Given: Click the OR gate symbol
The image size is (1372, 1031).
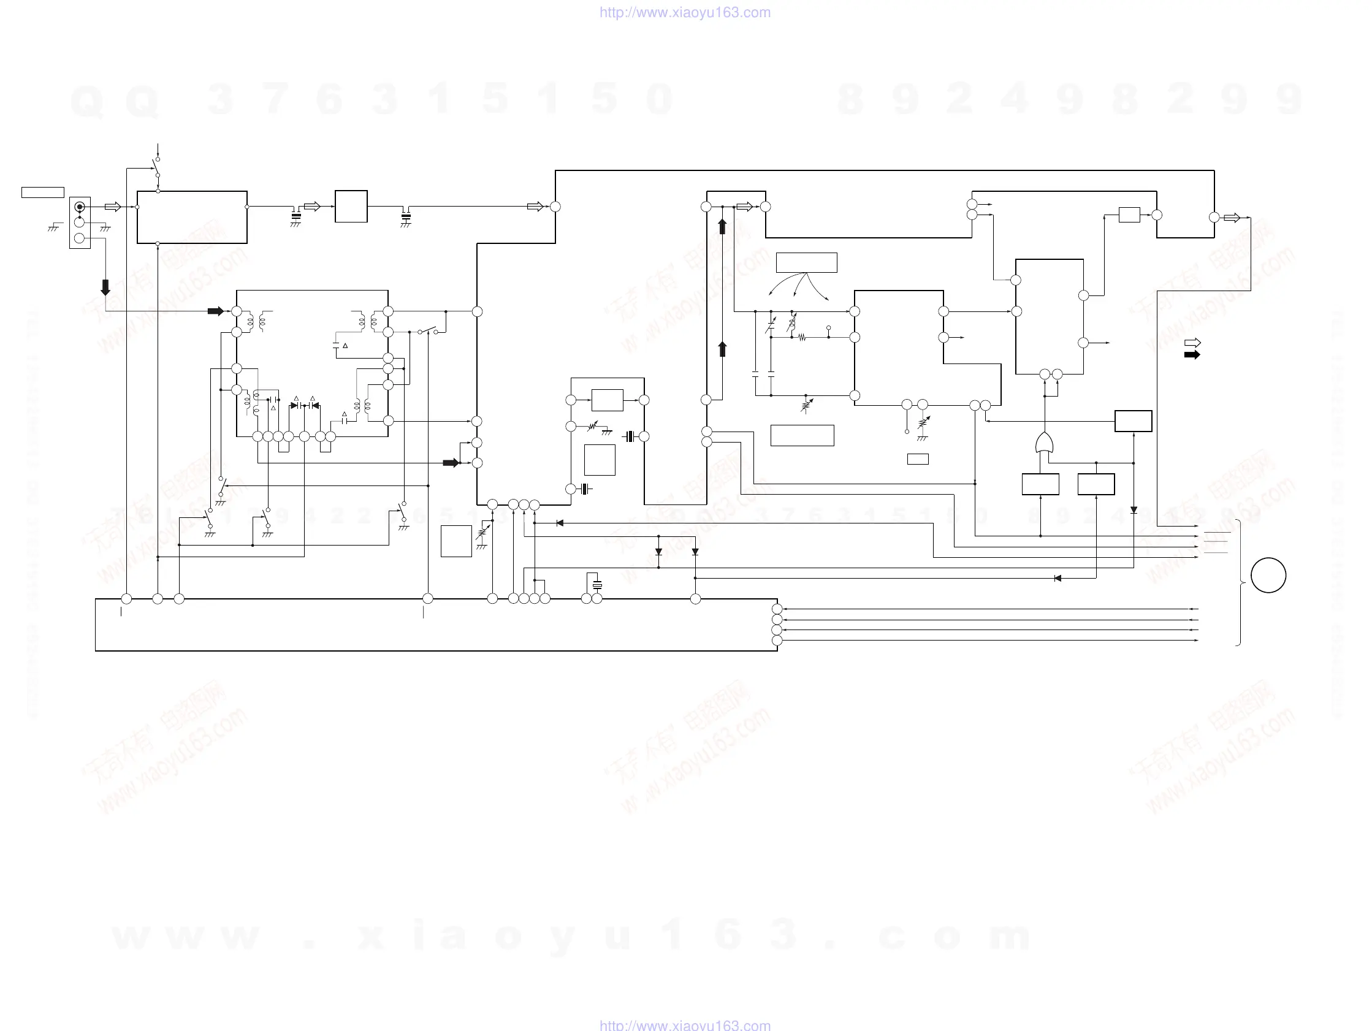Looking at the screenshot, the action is coord(1045,444).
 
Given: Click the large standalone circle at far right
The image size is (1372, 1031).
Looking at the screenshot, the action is coord(1268,575).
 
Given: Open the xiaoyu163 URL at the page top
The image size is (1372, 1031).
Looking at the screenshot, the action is coord(685,12).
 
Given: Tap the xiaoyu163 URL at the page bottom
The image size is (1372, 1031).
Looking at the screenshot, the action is coord(685,1025).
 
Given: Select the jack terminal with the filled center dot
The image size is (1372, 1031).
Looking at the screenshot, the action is coord(80,207).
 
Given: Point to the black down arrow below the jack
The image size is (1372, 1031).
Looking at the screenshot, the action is coord(105,287).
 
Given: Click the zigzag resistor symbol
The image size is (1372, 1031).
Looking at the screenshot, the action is coord(802,338).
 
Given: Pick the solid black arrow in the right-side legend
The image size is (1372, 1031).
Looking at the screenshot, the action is coord(1192,355).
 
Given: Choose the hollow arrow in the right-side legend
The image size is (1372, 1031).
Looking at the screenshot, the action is coord(1192,343).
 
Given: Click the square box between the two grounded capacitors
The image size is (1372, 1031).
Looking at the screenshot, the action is coord(351,207).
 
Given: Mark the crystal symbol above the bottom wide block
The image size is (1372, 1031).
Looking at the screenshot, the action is coord(596,584).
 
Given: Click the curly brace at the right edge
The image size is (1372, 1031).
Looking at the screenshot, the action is coord(1239,582).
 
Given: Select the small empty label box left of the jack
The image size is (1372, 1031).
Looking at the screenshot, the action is coord(43,192).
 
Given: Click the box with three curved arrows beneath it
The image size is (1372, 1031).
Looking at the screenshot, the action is coord(806,262).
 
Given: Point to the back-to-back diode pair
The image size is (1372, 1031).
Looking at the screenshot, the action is coord(305,406).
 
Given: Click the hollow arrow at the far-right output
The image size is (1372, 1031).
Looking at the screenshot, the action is coord(1232,218).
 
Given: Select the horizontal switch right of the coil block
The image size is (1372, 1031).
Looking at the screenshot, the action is coord(428,330).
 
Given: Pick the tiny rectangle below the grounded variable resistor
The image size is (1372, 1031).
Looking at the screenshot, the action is coord(918,459).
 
